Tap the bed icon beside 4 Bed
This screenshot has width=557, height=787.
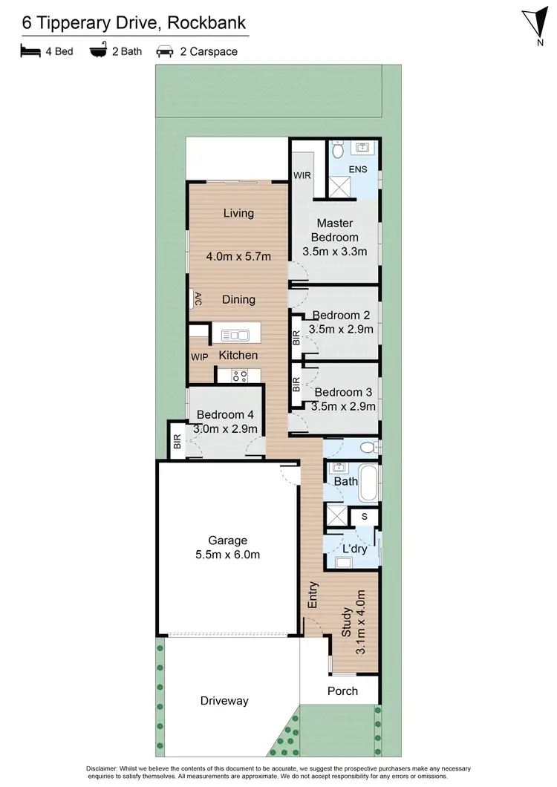point(29,52)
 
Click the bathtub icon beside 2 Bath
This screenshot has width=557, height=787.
point(97,52)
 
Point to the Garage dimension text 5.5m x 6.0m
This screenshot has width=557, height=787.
point(228,555)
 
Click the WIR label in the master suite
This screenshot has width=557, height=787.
point(302,176)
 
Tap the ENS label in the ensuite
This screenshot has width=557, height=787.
point(357,170)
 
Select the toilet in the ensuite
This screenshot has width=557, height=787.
point(338,151)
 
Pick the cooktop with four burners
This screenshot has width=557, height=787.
point(238,376)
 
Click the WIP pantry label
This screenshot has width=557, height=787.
point(200,356)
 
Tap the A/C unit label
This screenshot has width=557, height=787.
point(198,298)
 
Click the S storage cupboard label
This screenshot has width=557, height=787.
point(364,515)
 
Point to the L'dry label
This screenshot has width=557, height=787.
point(355,549)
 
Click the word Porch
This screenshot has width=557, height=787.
point(342,690)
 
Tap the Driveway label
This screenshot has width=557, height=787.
point(224,700)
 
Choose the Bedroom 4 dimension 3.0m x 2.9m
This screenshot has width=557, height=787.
point(225,428)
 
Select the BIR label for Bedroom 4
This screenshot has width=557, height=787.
point(177,443)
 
